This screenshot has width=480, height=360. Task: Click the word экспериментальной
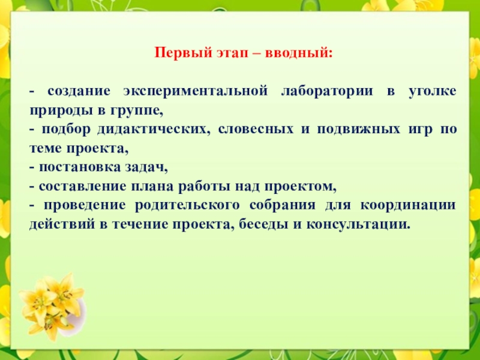click(196, 92)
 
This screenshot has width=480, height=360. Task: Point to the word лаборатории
click(327, 91)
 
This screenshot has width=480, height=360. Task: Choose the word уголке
click(433, 91)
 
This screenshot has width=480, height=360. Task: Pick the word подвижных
click(358, 130)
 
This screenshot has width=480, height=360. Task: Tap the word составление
click(82, 187)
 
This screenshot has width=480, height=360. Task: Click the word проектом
click(299, 187)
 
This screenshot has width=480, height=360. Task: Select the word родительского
click(187, 206)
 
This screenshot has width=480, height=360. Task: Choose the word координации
click(408, 206)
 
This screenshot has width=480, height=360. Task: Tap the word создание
click(79, 92)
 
